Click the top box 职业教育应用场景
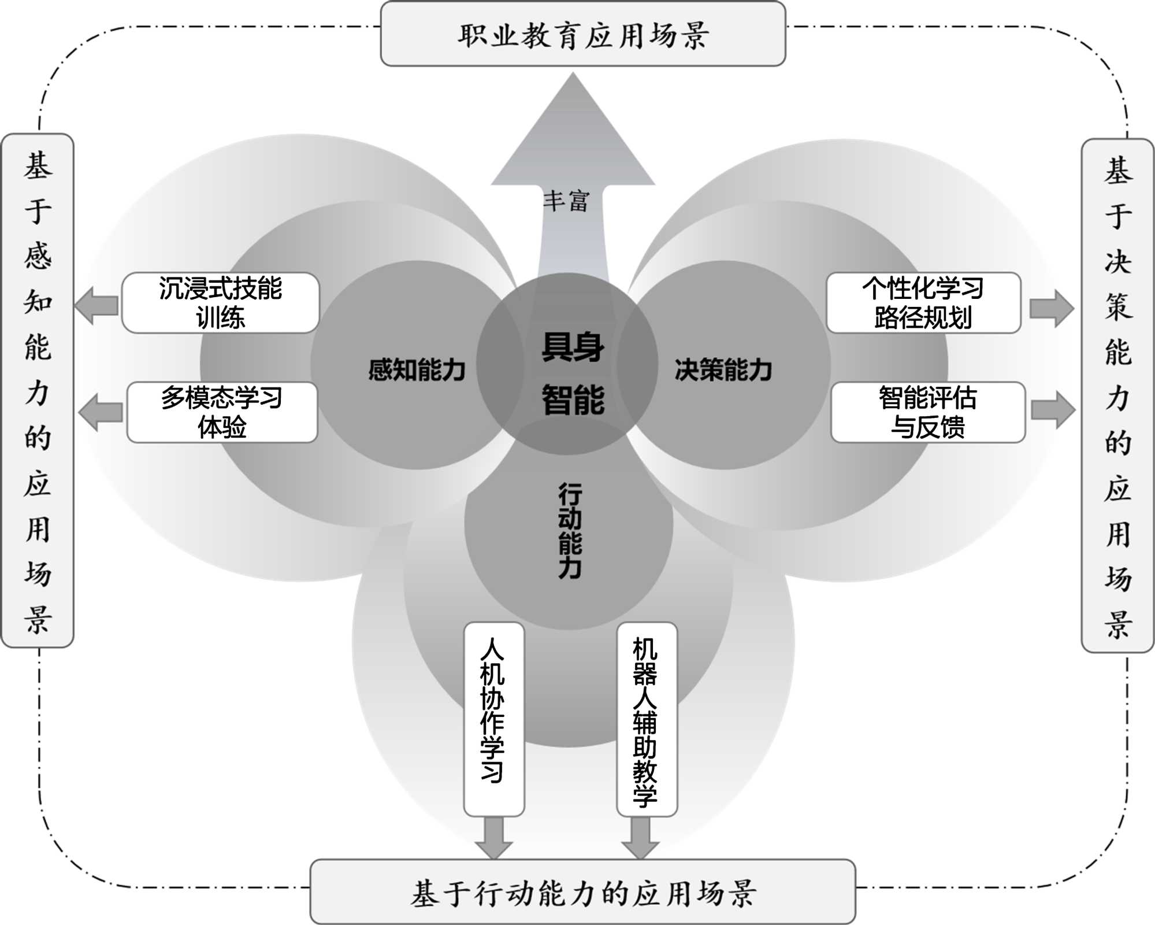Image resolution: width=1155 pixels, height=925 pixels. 582,35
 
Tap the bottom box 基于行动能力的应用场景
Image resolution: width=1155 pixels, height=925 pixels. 582,891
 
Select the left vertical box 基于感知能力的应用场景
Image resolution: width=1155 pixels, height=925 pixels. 38,391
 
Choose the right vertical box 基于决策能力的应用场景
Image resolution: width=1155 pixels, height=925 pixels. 1117,395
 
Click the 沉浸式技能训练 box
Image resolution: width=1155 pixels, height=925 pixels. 220,303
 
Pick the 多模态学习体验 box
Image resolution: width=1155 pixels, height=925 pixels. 222,412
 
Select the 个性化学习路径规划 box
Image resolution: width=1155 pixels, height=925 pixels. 923,303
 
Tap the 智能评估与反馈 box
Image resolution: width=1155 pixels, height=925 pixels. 928,412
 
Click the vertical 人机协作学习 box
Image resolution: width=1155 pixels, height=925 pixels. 493,719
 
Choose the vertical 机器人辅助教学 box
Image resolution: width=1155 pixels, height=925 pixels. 647,719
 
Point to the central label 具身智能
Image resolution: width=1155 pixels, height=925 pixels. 572,373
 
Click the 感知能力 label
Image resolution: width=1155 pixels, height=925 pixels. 417,369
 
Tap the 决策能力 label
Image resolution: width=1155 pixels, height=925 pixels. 723,369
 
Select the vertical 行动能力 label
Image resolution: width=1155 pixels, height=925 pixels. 570,531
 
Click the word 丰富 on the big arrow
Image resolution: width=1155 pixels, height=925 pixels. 566,201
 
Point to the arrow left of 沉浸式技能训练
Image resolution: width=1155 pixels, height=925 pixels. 97,305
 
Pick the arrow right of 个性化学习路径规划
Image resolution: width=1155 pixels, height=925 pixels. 1052,309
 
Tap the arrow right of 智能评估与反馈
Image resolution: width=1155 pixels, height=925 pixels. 1053,410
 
